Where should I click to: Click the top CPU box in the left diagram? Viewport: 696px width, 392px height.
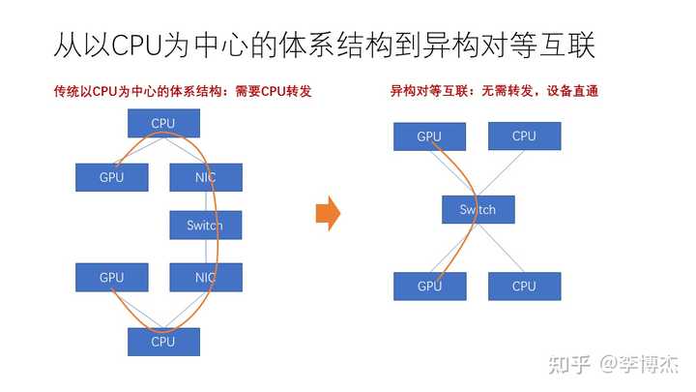[x=163, y=123]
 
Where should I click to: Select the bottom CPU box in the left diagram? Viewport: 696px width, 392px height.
[x=163, y=342]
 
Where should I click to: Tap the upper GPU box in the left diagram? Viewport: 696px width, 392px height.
[x=112, y=177]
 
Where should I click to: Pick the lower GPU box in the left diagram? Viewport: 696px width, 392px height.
[x=112, y=278]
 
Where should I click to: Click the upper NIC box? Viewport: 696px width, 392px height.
[x=206, y=177]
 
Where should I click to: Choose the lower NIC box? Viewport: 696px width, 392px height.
[x=206, y=278]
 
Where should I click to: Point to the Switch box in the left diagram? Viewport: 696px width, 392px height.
[x=206, y=226]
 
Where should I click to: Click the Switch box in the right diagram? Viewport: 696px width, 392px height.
[x=478, y=209]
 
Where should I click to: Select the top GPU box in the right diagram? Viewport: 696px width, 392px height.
[x=429, y=136]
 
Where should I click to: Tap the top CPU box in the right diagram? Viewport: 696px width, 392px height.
[x=525, y=136]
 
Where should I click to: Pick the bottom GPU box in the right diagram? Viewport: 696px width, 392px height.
[x=429, y=286]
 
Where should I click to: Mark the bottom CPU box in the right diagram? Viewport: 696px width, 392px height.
[x=525, y=286]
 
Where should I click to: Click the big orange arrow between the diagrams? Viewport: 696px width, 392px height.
[x=328, y=213]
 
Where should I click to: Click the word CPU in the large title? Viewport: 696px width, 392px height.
[x=136, y=45]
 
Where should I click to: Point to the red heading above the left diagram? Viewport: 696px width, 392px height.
[x=183, y=91]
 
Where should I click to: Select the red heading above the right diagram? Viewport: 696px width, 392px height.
[x=495, y=91]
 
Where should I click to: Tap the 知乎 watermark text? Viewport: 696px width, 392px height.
[x=569, y=365]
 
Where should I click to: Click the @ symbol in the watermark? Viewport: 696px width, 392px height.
[x=608, y=364]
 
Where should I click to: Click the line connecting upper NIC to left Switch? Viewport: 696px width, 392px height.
[x=206, y=201]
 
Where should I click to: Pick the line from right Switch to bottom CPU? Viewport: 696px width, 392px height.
[x=502, y=248]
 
